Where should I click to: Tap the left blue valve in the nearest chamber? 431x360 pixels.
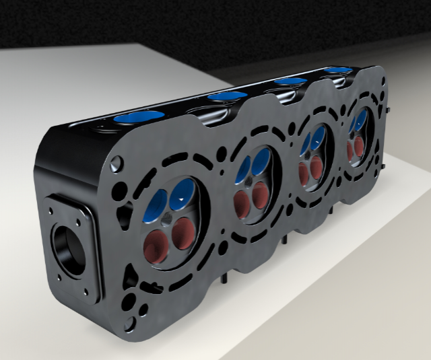tap(156, 204)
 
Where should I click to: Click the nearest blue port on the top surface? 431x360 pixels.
tap(138, 118)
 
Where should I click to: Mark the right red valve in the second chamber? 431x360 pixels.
tap(260, 196)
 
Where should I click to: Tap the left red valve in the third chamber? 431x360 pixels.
tap(304, 174)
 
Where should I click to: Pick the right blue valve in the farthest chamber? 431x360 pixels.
tap(362, 120)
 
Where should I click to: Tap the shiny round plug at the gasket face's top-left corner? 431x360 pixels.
tap(117, 162)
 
